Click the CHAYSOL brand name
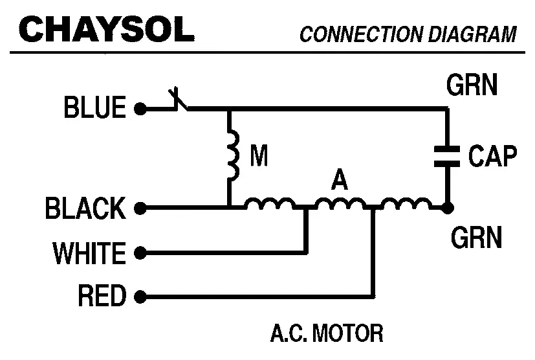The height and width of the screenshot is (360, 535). pos(107,28)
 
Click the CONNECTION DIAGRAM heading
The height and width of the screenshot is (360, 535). pos(408,34)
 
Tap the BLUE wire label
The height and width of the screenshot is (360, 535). pos(94,107)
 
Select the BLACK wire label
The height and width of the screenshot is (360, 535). pos(85,209)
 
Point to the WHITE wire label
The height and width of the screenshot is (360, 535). pos(89,253)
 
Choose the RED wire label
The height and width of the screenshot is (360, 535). pos(102,297)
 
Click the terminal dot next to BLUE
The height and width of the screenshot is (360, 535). pos(139,109)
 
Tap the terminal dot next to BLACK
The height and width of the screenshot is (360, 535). pos(139,209)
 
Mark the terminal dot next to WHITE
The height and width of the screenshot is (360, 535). pos(139,253)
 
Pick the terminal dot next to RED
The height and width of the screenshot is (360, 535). pos(139,297)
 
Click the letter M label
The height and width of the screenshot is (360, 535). pos(259,157)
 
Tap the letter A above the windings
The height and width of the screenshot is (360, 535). pos(338,181)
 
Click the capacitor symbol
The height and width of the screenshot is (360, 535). pos(447,156)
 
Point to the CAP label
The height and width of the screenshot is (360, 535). pos(493,157)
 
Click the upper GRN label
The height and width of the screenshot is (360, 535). pos(472,84)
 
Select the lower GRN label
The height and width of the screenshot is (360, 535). pos(476,238)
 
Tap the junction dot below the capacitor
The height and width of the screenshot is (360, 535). pos(447,208)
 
